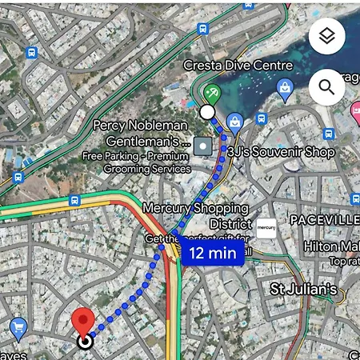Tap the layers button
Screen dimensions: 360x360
coord(326,37)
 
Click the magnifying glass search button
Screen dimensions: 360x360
coord(326,86)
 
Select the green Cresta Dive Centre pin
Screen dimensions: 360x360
coord(211,94)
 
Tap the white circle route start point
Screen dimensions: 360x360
coord(207,112)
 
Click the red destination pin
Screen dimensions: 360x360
coord(84,322)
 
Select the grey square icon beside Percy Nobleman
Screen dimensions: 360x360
coord(204,146)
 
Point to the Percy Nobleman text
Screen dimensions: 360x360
coord(139,125)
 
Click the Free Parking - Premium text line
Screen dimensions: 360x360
coord(136,156)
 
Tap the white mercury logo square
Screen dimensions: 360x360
coord(266,228)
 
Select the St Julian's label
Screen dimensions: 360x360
coord(303,288)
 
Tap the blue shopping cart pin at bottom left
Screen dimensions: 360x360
coord(18,327)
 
